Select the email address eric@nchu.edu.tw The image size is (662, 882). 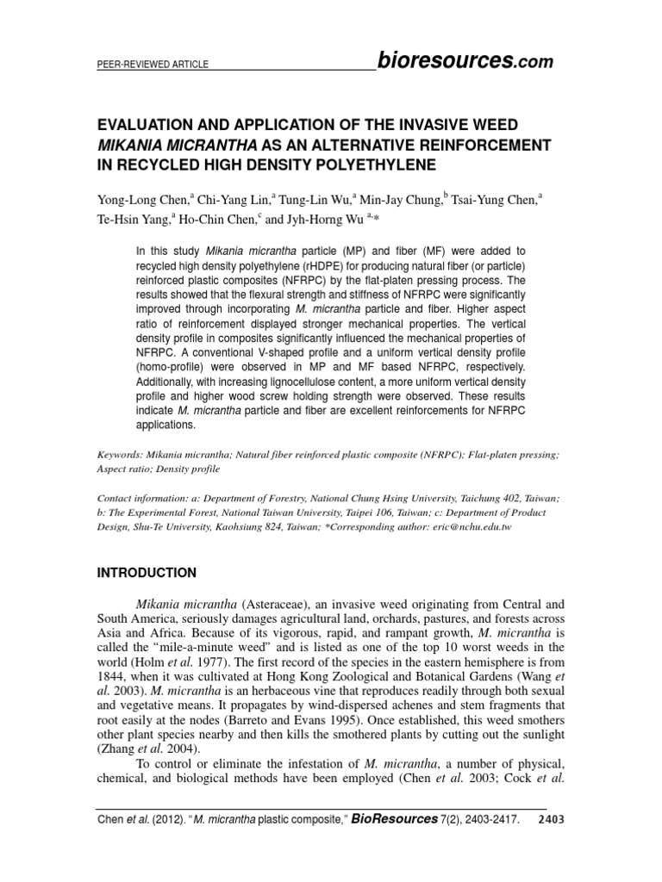463,526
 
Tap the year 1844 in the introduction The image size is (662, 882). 115,680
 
